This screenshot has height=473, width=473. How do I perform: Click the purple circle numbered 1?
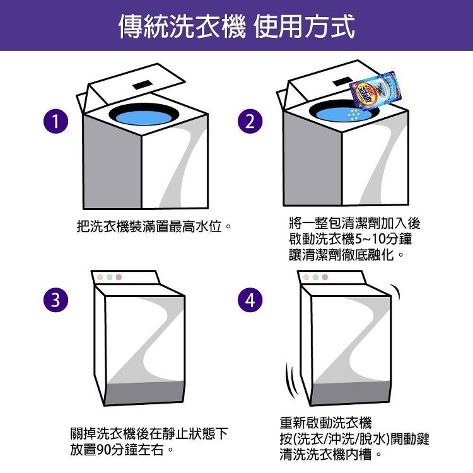pos(55,121)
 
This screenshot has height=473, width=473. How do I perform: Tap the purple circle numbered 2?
pos(250,121)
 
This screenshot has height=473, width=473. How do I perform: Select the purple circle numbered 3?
pos(55,300)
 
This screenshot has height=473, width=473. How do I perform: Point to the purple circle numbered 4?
pos(250,300)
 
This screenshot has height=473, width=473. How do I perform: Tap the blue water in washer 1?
pos(144,117)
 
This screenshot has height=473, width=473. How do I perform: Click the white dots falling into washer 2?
pos(354,114)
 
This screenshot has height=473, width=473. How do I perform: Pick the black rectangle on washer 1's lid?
pos(143,85)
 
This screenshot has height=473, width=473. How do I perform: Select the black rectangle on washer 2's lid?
pos(342,82)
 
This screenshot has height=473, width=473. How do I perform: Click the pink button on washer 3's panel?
pos(119,277)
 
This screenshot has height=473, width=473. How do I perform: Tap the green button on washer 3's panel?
pos(110,277)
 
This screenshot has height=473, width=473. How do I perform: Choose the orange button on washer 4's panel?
pos(306,277)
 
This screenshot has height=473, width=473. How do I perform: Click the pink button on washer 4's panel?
pos(325,277)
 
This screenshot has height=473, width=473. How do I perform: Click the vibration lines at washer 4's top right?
pos(396,292)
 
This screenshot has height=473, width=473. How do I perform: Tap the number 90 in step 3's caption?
pos(104,450)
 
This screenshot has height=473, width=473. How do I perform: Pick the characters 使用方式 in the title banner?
pos(304,26)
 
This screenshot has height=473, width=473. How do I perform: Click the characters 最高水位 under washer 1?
pos(196,226)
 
